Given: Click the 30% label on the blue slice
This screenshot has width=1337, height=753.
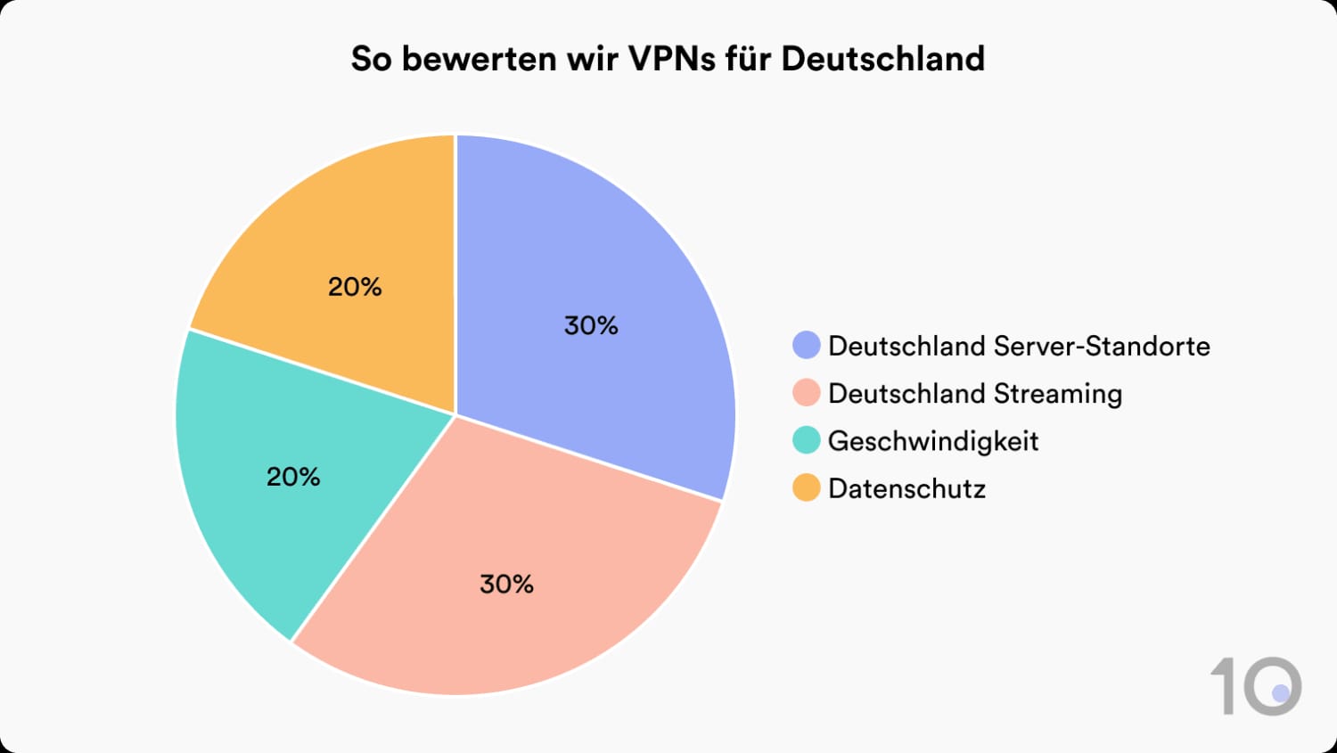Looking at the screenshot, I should click(591, 325).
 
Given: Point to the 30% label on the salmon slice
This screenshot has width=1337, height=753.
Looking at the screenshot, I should click(506, 584).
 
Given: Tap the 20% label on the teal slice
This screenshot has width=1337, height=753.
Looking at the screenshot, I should click(293, 477).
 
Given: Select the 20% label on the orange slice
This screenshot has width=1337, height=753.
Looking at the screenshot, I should click(355, 286).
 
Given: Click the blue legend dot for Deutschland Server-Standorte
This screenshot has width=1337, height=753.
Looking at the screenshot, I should click(806, 346).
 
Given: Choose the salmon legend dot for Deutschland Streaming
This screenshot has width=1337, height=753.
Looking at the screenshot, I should click(806, 393).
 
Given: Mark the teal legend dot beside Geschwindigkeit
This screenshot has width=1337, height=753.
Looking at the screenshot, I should click(806, 440).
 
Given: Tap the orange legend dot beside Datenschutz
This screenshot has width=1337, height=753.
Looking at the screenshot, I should click(806, 488).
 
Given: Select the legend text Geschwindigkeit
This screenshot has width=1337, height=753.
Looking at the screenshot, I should click(933, 441).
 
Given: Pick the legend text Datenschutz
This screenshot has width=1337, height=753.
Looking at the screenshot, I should click(906, 488).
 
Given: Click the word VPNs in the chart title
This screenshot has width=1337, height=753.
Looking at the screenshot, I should click(685, 59).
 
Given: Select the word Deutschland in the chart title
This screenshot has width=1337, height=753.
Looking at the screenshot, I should click(882, 59).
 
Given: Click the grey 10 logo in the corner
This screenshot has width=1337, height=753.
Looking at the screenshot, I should click(1257, 685).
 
